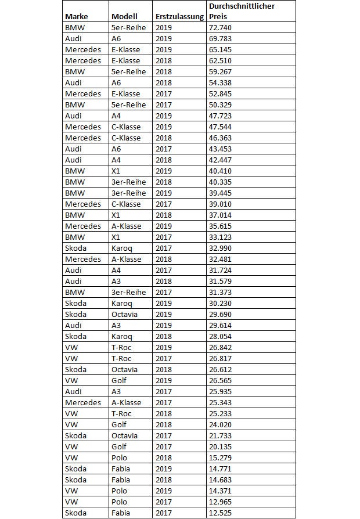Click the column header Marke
pyautogui.click(x=76, y=16)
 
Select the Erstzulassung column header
pyautogui.click(x=179, y=16)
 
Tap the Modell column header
pyautogui.click(x=124, y=16)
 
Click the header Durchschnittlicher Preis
pyautogui.click(x=242, y=11)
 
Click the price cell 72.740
pyautogui.click(x=221, y=27)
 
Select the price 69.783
pyautogui.click(x=221, y=38)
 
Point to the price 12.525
pyautogui.click(x=221, y=513)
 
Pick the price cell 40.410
pyautogui.click(x=221, y=171)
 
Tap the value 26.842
pyautogui.click(x=221, y=347)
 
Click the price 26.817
pyautogui.click(x=221, y=358)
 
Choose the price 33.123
pyautogui.click(x=221, y=237)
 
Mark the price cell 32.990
pyautogui.click(x=221, y=248)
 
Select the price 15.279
pyautogui.click(x=221, y=457)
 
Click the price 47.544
pyautogui.click(x=221, y=127)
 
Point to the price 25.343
pyautogui.click(x=221, y=402)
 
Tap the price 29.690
pyautogui.click(x=221, y=314)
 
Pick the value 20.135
pyautogui.click(x=221, y=446)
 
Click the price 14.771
pyautogui.click(x=221, y=468)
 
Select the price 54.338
pyautogui.click(x=221, y=82)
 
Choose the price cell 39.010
pyautogui.click(x=221, y=204)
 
